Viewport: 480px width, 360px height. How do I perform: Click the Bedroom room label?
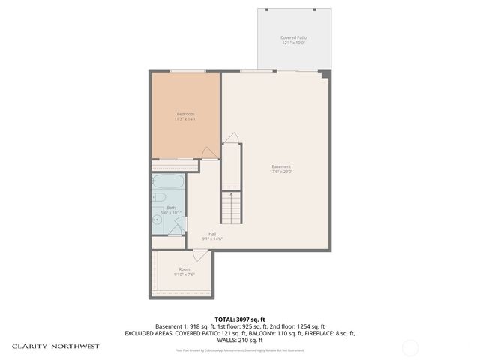click(185, 113)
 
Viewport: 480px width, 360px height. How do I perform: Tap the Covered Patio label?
click(293, 37)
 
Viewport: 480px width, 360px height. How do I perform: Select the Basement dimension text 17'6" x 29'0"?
click(281, 172)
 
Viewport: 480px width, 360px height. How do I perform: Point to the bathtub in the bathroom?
click(168, 182)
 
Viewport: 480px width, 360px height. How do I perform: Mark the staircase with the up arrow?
click(232, 205)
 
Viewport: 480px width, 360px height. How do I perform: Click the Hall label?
click(212, 233)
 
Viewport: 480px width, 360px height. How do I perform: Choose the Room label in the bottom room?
click(184, 268)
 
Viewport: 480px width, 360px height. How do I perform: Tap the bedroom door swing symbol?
click(211, 153)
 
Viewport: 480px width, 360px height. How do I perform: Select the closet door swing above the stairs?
click(232, 139)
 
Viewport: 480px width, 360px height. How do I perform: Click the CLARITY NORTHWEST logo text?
click(55, 346)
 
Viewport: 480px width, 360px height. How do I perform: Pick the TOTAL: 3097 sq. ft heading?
click(239, 319)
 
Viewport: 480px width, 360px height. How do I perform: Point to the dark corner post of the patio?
click(324, 73)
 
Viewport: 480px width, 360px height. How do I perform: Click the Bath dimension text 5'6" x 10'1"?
click(171, 213)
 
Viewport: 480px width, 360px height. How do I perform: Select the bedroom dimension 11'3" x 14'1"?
click(185, 118)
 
